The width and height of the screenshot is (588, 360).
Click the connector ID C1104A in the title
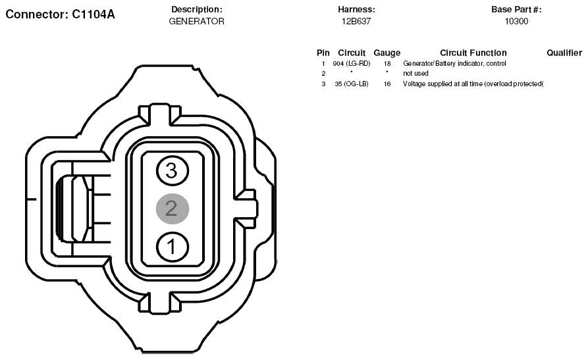coord(94,14)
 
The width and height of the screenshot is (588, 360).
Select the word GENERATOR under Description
coord(196,21)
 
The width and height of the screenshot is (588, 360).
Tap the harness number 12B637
coord(356,21)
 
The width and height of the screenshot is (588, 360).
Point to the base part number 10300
coord(516,21)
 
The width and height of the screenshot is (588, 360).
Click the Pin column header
coord(323,53)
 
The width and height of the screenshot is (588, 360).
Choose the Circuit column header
coord(352,53)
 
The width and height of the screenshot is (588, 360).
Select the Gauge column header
coord(387,53)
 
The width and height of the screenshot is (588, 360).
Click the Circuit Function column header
coord(473,53)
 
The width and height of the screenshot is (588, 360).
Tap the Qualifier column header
coord(564,53)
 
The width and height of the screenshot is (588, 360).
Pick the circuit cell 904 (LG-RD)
coord(352,64)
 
